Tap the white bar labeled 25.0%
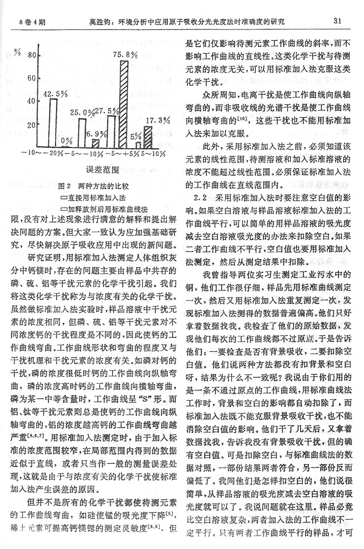[x=82, y=133]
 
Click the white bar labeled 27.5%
[x=111, y=132]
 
